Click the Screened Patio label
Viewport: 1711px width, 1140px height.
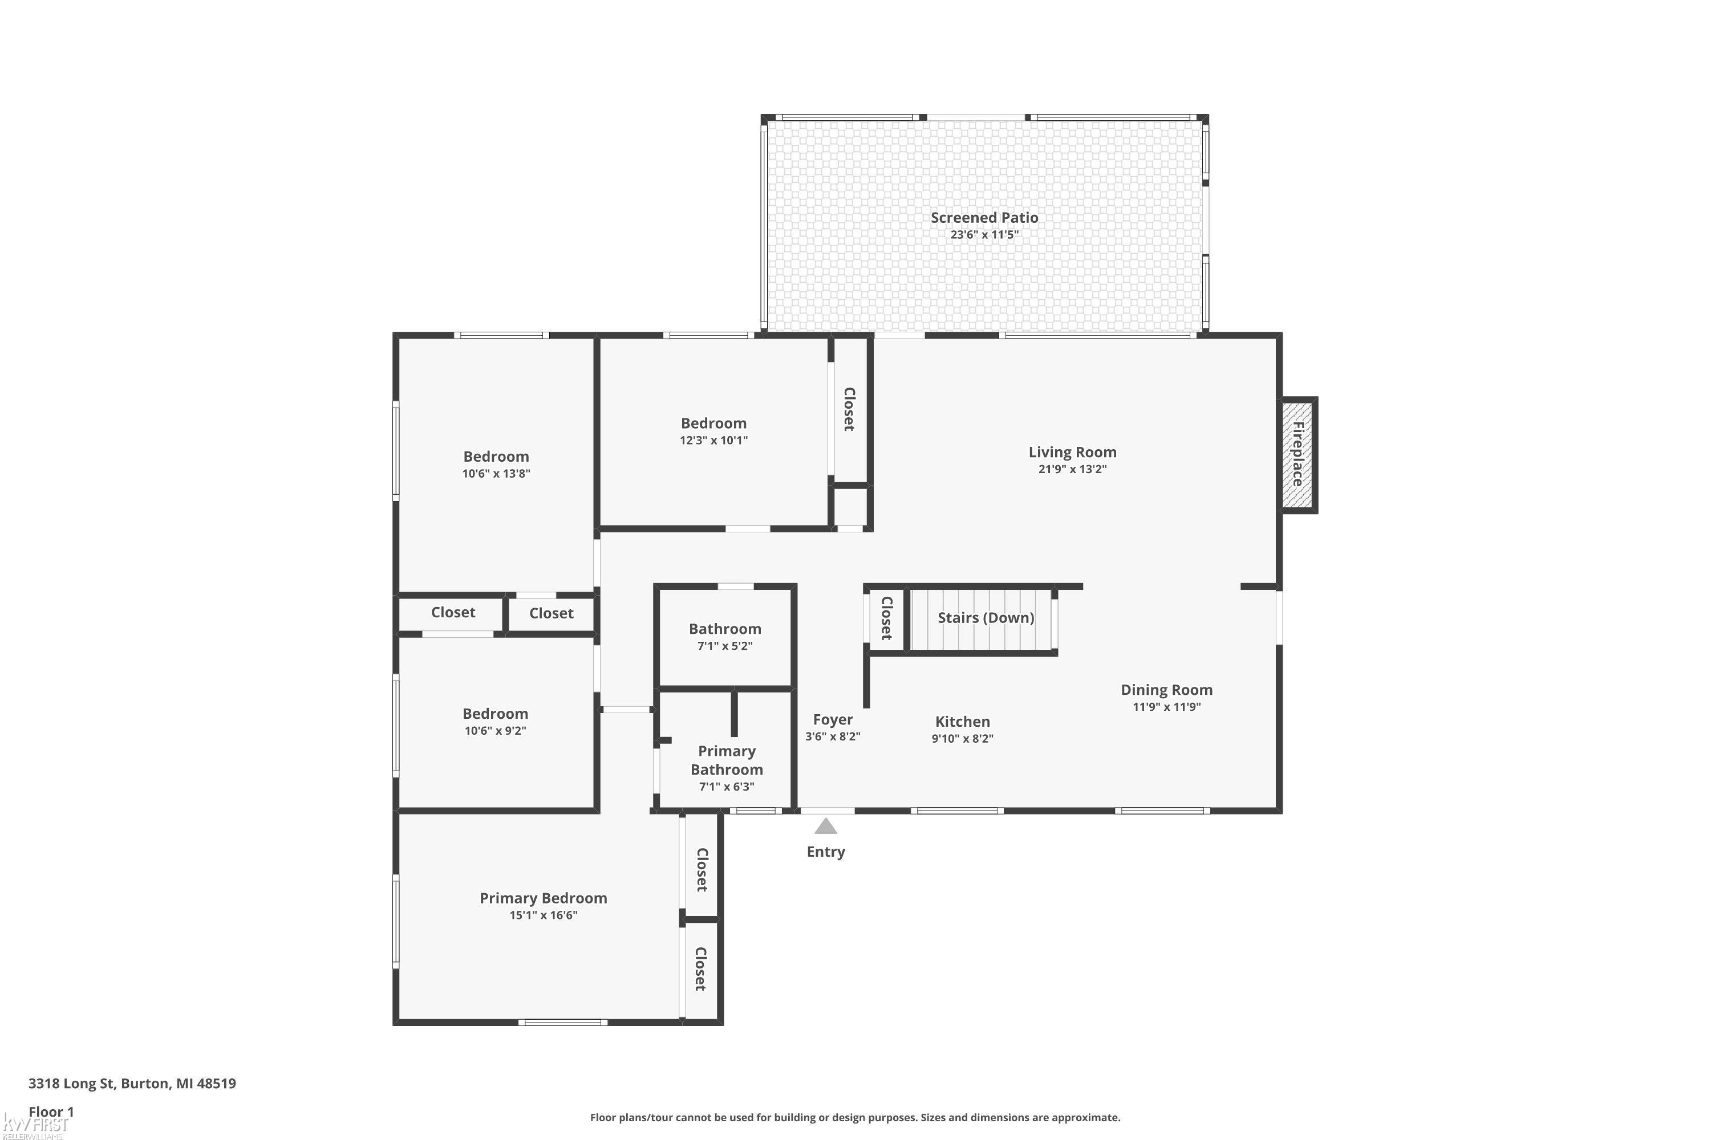point(984,217)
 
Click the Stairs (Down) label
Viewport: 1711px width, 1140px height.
point(986,617)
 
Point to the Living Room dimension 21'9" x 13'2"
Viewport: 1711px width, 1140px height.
point(1072,469)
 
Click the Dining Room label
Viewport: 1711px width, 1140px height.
point(1166,689)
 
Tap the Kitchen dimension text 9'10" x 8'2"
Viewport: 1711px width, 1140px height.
point(963,739)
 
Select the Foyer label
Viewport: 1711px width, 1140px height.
point(832,720)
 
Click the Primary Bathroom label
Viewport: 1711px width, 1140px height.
point(727,760)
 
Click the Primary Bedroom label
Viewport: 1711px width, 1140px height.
point(544,898)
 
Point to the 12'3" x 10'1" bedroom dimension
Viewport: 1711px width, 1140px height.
point(713,440)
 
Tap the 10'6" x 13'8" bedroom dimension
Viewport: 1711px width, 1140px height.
point(496,473)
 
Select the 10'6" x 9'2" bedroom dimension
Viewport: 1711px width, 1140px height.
point(496,731)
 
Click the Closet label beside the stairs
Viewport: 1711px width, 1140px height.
point(887,618)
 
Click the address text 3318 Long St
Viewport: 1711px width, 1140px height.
point(71,1084)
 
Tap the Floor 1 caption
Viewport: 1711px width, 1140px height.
point(51,1111)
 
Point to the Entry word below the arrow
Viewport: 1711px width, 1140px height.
point(826,852)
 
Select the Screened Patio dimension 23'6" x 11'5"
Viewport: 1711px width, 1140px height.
point(984,235)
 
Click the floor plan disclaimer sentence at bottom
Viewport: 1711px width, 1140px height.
point(855,1117)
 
